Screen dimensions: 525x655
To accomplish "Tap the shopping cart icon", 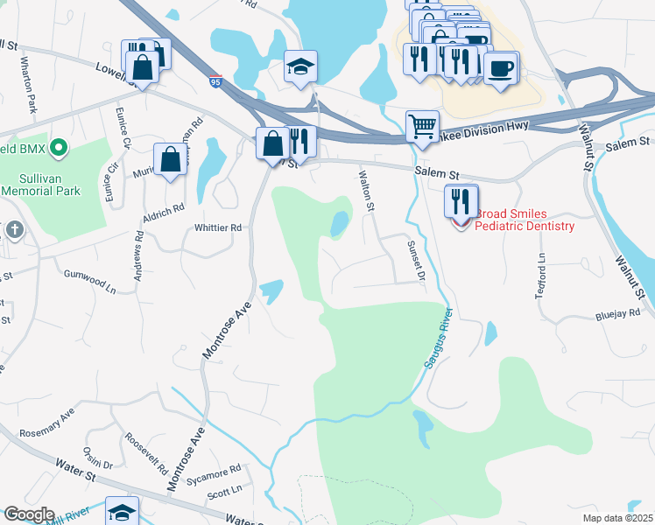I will coord(422,127).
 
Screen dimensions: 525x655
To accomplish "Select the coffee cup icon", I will coord(501,68).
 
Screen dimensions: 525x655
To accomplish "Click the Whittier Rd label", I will coord(217,227).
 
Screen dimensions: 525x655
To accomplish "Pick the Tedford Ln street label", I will coord(540,276).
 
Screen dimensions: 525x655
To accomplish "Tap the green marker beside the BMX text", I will coord(59,148).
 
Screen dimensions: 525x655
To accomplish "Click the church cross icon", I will coord(14,230).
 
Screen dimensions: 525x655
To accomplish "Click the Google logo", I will coord(28,514).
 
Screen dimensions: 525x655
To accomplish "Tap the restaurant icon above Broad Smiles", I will coord(461,201).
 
